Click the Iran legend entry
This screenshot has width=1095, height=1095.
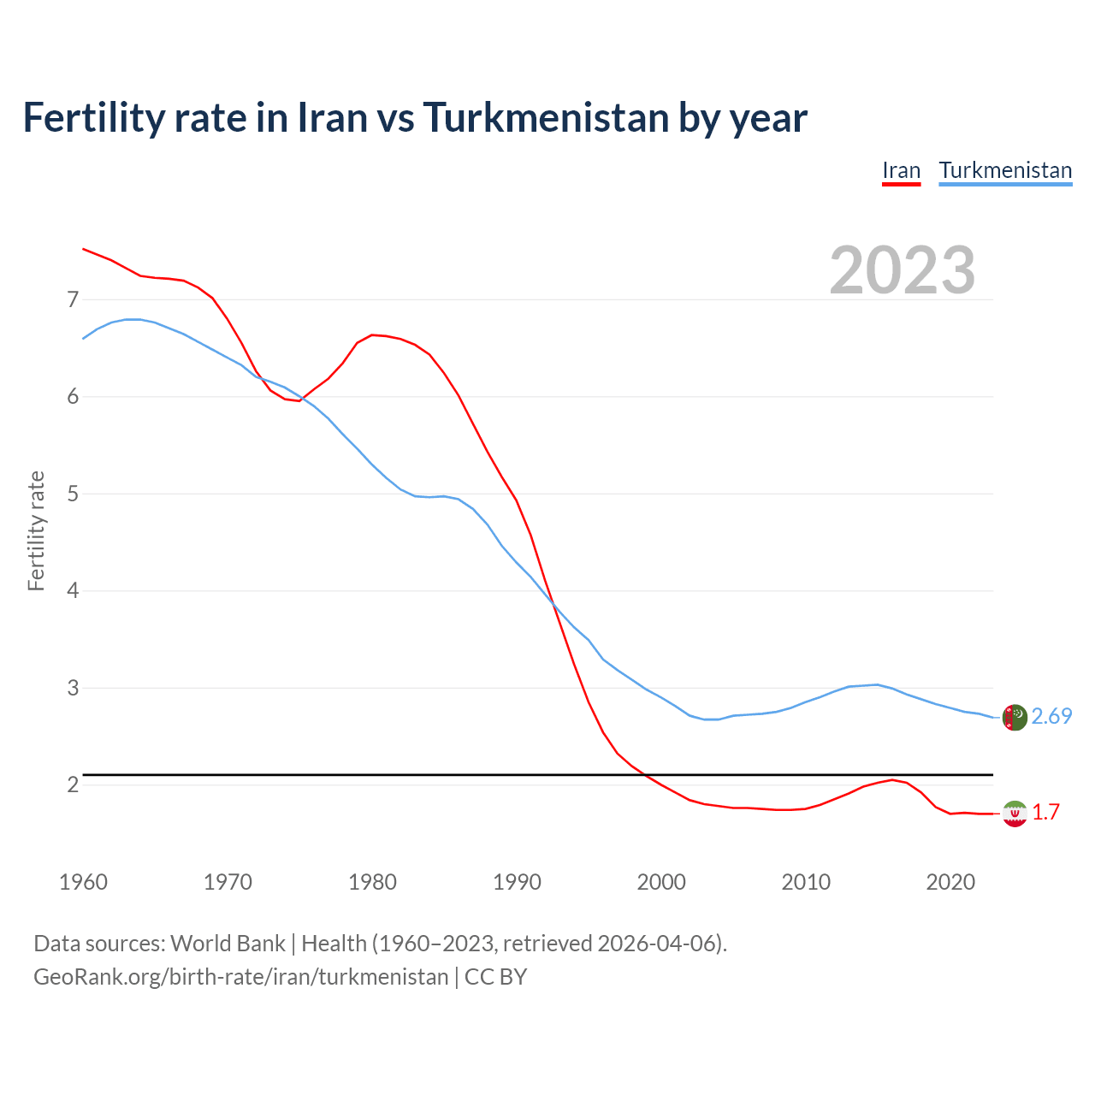click(x=901, y=170)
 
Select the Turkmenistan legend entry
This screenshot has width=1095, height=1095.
click(x=1005, y=170)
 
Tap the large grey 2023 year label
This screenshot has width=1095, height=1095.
click(x=903, y=270)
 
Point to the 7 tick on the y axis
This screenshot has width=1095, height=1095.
click(x=73, y=299)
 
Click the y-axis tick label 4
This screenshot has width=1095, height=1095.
click(x=73, y=590)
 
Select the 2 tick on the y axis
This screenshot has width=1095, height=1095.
click(x=73, y=784)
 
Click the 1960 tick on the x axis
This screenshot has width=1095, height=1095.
click(x=83, y=882)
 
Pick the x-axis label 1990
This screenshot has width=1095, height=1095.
click(x=517, y=882)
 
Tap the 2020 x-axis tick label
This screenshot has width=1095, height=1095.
click(x=950, y=882)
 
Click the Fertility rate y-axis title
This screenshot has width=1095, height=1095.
click(x=36, y=530)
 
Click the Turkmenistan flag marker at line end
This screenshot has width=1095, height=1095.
click(x=1015, y=717)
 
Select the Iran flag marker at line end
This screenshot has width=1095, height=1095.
click(x=1015, y=814)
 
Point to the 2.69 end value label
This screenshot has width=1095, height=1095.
click(x=1051, y=717)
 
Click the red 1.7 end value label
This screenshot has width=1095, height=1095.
click(x=1045, y=813)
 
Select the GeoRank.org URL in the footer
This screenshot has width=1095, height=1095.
click(x=240, y=977)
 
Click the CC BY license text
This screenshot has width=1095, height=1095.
click(x=495, y=977)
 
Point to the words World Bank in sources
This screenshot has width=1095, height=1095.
click(x=228, y=944)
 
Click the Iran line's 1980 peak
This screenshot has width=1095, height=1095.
click(x=372, y=334)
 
